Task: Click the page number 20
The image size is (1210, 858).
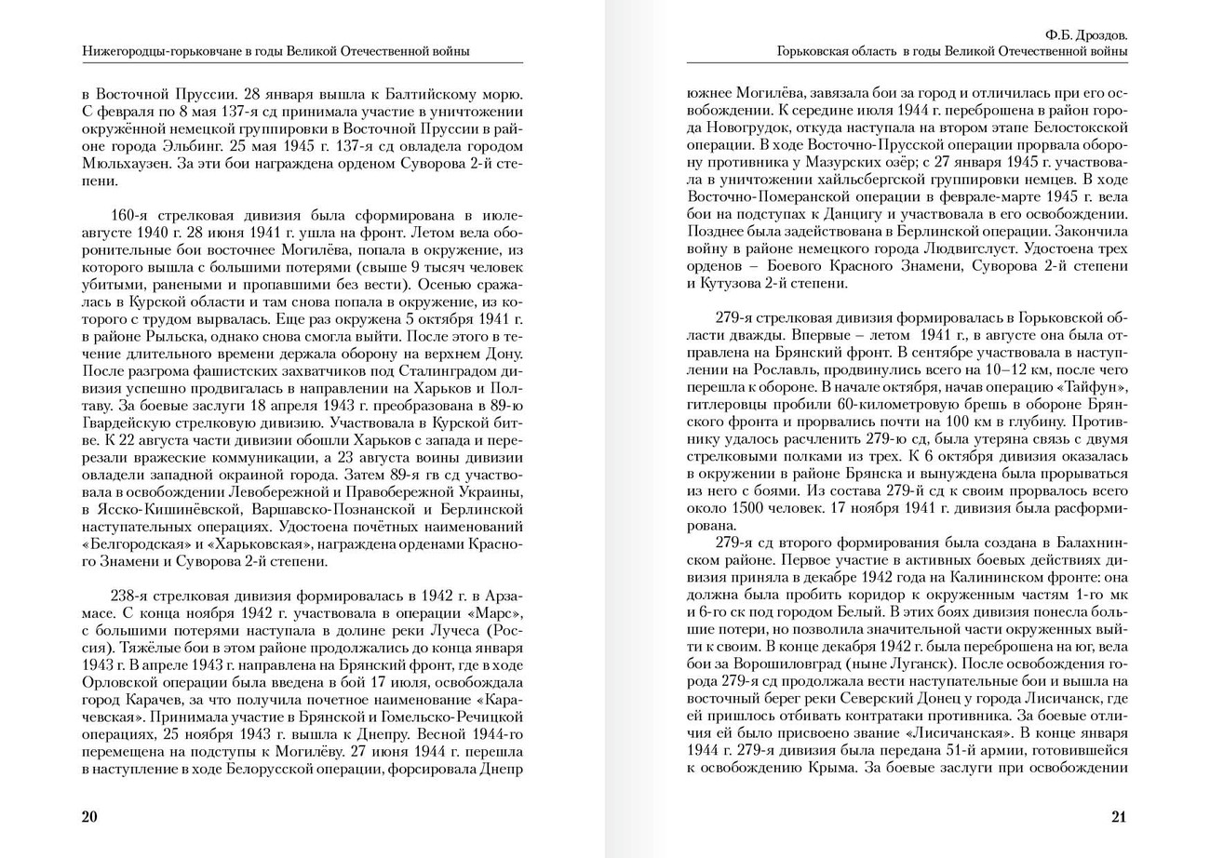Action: point(89,817)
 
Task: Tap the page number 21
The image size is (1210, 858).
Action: point(1119,817)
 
